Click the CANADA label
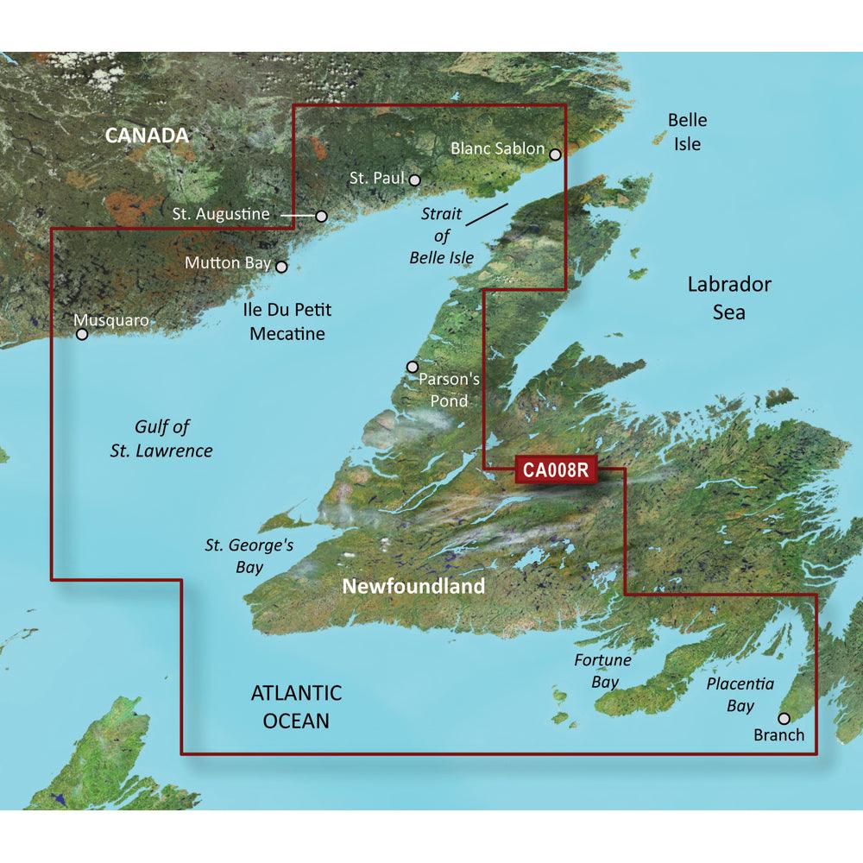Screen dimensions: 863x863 [146, 135]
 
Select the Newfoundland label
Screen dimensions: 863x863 [413, 587]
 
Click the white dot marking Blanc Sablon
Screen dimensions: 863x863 [555, 155]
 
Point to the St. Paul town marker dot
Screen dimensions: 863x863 [414, 180]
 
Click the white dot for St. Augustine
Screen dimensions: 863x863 [321, 216]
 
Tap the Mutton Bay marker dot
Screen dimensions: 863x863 [280, 268]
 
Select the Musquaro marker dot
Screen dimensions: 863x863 [83, 335]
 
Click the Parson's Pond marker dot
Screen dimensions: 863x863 [412, 367]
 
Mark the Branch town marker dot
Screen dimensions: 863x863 [784, 718]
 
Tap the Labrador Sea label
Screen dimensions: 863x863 [729, 298]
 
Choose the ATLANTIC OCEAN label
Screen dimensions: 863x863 [296, 706]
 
